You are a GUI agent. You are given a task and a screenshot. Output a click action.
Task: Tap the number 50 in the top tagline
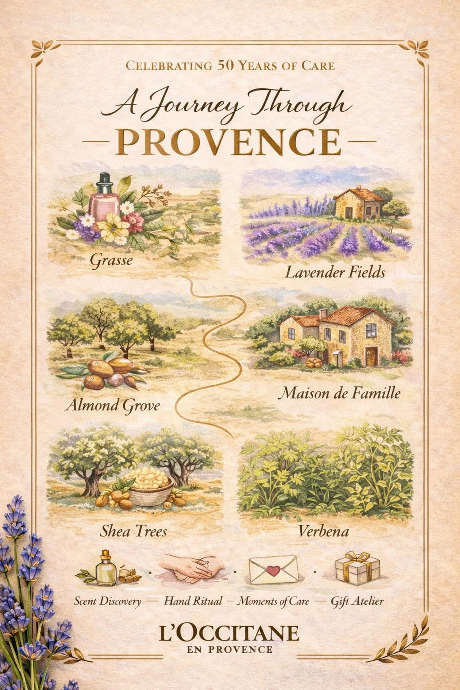227,66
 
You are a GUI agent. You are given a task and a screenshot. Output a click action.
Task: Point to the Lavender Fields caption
335,272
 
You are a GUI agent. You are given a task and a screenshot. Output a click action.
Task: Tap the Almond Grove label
112,405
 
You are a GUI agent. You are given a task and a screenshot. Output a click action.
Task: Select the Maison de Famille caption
339,394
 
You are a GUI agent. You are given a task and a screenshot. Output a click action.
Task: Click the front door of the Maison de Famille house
371,355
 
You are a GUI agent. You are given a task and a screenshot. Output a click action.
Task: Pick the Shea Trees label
133,531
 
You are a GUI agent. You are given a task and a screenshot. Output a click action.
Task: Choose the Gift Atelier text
357,601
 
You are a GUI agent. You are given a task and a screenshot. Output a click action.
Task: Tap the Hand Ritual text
193,601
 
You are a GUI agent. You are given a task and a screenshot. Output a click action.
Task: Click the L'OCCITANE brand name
229,633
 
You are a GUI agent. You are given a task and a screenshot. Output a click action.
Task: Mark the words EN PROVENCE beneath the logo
230,649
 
